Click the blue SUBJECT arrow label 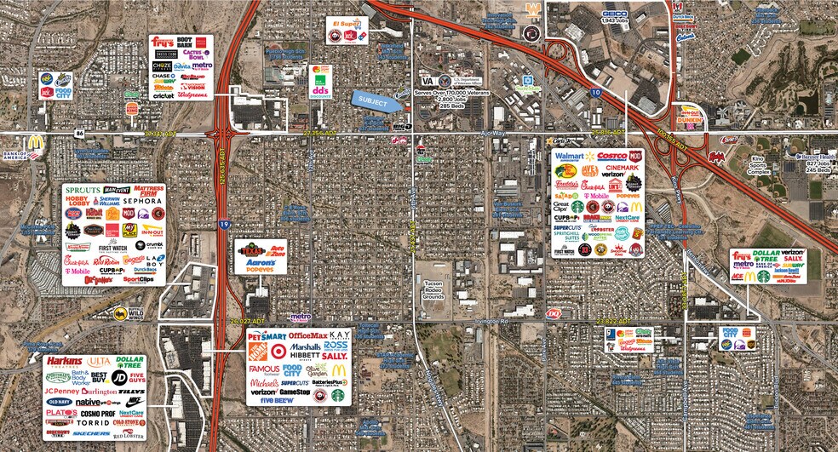coord(376,99)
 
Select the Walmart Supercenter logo coord(571,157)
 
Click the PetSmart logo coord(266,335)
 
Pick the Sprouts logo coord(82,189)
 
